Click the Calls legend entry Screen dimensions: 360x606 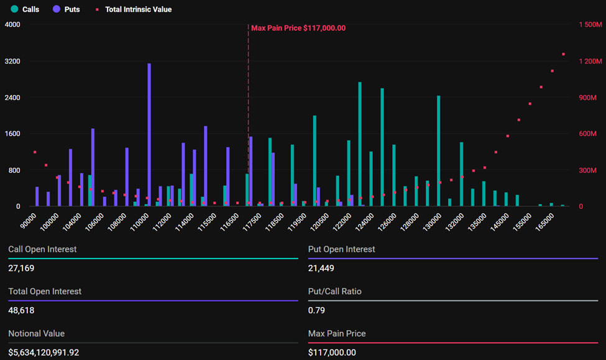point(25,9)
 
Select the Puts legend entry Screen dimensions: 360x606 point(67,9)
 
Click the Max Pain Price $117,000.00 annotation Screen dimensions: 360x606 point(298,28)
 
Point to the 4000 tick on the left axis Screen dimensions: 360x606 point(12,24)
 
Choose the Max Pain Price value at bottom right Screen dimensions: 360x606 point(332,353)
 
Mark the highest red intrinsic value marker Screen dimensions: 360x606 point(563,54)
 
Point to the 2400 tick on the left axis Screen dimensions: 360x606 point(12,98)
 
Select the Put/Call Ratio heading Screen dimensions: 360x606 point(334,291)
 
